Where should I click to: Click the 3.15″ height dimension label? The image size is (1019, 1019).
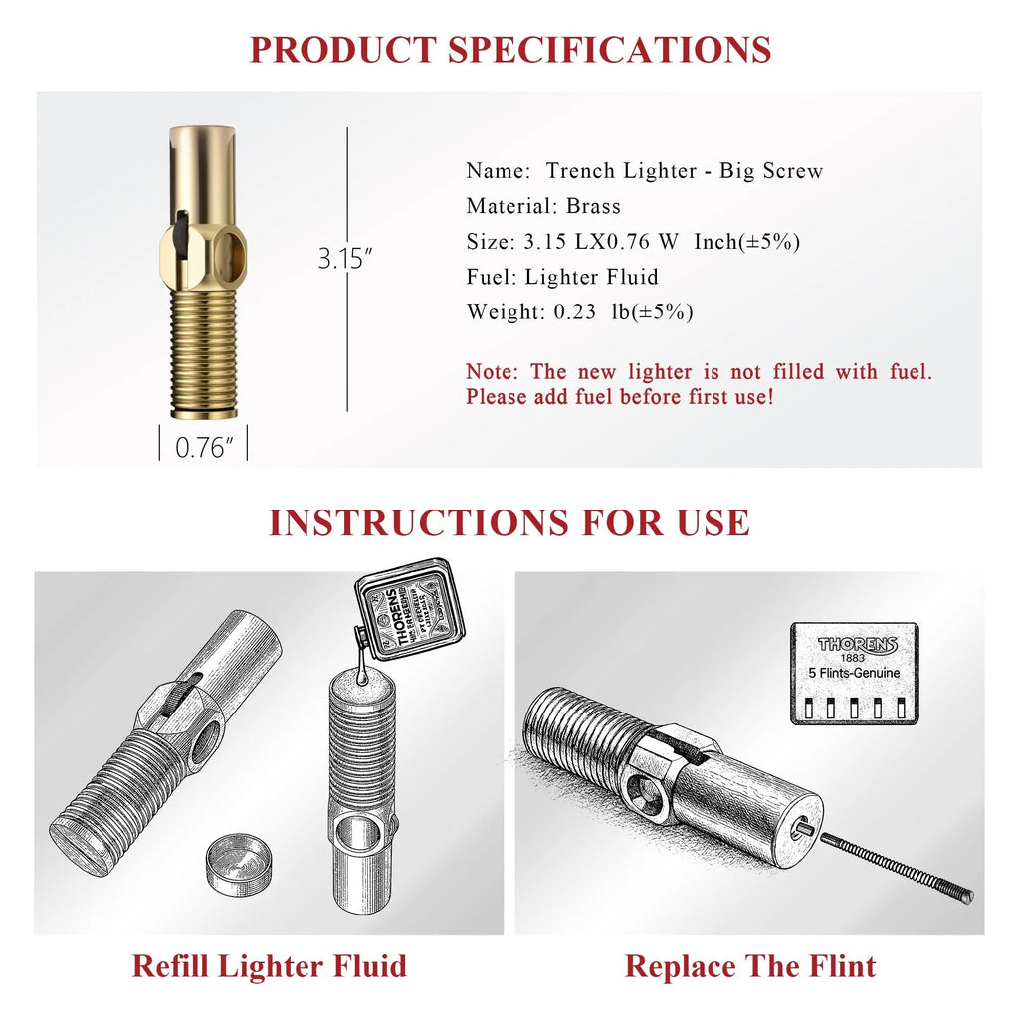(345, 259)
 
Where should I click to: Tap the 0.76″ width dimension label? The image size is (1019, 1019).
(204, 447)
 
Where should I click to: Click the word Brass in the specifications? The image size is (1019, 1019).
(593, 206)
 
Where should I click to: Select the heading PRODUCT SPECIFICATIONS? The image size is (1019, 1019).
(509, 49)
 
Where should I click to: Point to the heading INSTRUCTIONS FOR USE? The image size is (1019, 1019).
(509, 522)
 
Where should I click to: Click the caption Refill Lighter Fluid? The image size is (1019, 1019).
(269, 966)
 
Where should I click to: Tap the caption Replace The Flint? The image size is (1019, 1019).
(750, 966)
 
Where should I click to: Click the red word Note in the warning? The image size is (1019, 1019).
(492, 372)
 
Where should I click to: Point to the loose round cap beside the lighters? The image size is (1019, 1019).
(241, 859)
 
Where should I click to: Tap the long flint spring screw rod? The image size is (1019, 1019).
(896, 867)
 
